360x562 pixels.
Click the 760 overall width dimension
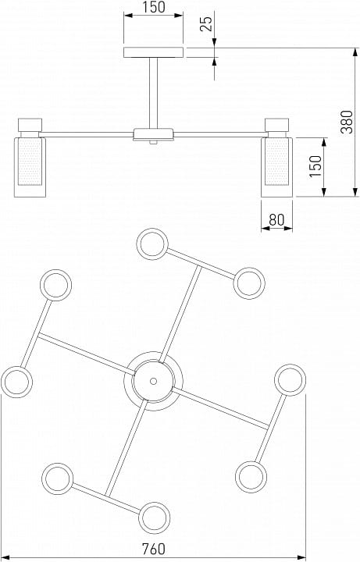[154, 549]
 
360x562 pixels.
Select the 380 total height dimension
[347, 122]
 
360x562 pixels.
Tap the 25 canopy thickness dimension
[206, 23]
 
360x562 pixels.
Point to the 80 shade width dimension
[276, 219]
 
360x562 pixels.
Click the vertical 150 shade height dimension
[316, 166]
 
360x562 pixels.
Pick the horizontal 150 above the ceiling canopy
[154, 7]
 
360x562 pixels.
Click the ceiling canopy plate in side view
[154, 53]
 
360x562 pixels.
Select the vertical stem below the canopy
[154, 93]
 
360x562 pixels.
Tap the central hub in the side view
[154, 135]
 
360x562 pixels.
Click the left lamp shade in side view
[30, 167]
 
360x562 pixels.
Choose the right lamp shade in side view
[276, 167]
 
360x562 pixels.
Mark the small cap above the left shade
[30, 124]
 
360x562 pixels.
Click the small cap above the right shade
[276, 124]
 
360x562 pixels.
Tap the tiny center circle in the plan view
[154, 381]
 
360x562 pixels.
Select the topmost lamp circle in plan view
[152, 244]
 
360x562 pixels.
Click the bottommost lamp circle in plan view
[154, 518]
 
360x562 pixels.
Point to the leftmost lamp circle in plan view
[17, 382]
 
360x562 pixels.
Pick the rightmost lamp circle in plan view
[290, 380]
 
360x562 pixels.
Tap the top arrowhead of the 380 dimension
[355, 52]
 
